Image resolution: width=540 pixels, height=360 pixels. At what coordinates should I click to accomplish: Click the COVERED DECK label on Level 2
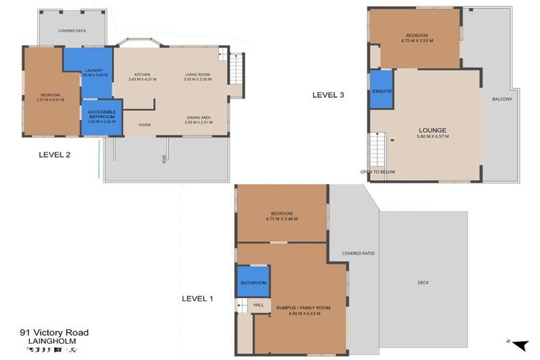coord(72,31)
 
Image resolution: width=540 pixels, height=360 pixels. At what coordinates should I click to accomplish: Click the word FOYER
coord(144,125)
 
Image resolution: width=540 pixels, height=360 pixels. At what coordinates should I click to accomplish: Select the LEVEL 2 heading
coord(54,155)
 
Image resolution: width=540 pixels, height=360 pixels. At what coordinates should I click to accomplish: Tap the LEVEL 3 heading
coord(328,95)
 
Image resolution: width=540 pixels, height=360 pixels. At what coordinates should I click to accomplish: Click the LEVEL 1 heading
coord(198,299)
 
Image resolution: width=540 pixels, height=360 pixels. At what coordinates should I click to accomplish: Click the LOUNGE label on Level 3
coord(432,131)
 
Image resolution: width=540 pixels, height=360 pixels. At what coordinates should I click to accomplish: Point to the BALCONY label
coord(502,99)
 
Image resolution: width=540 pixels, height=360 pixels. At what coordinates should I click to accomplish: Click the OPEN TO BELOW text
coord(378,172)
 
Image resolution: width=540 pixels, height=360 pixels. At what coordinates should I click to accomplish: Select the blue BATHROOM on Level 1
coord(253,282)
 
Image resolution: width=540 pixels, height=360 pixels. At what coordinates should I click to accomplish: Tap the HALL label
coord(258,304)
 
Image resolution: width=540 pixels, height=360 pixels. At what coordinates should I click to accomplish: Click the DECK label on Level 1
coord(423,283)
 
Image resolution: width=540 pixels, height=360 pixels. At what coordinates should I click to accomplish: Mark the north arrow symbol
coord(520,345)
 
